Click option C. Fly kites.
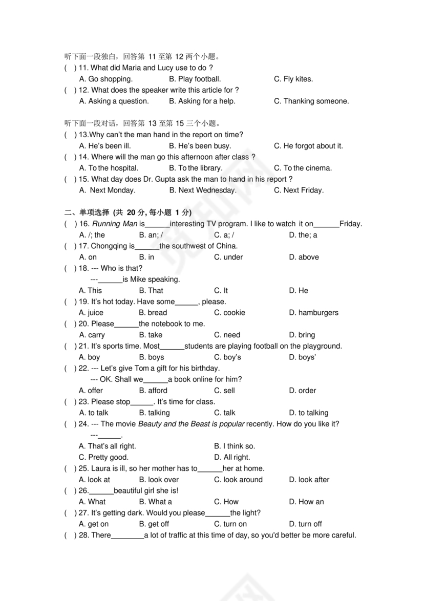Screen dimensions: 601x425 click(x=293, y=79)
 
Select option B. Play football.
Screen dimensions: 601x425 click(x=195, y=79)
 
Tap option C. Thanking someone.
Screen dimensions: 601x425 click(x=311, y=101)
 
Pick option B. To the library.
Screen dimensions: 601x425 click(x=196, y=168)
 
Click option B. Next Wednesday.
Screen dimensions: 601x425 click(x=203, y=190)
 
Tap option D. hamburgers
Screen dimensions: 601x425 click(x=313, y=312)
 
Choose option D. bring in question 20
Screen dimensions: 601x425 click(x=302, y=335)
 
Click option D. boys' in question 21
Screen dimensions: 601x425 click(x=303, y=357)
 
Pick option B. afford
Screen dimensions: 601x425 click(x=153, y=390)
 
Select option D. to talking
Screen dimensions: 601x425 click(x=309, y=413)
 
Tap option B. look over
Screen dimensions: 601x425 click(x=159, y=480)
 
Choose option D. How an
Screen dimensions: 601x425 click(x=306, y=502)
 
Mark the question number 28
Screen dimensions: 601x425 click(x=83, y=535)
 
